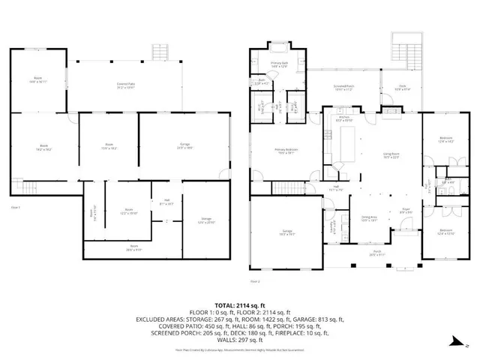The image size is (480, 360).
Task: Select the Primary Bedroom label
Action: (287, 151)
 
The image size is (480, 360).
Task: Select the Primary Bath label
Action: (279, 66)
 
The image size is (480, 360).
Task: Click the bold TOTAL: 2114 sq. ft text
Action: (239, 305)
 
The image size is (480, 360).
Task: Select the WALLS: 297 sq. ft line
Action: (239, 335)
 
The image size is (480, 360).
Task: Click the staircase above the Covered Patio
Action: (159, 52)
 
